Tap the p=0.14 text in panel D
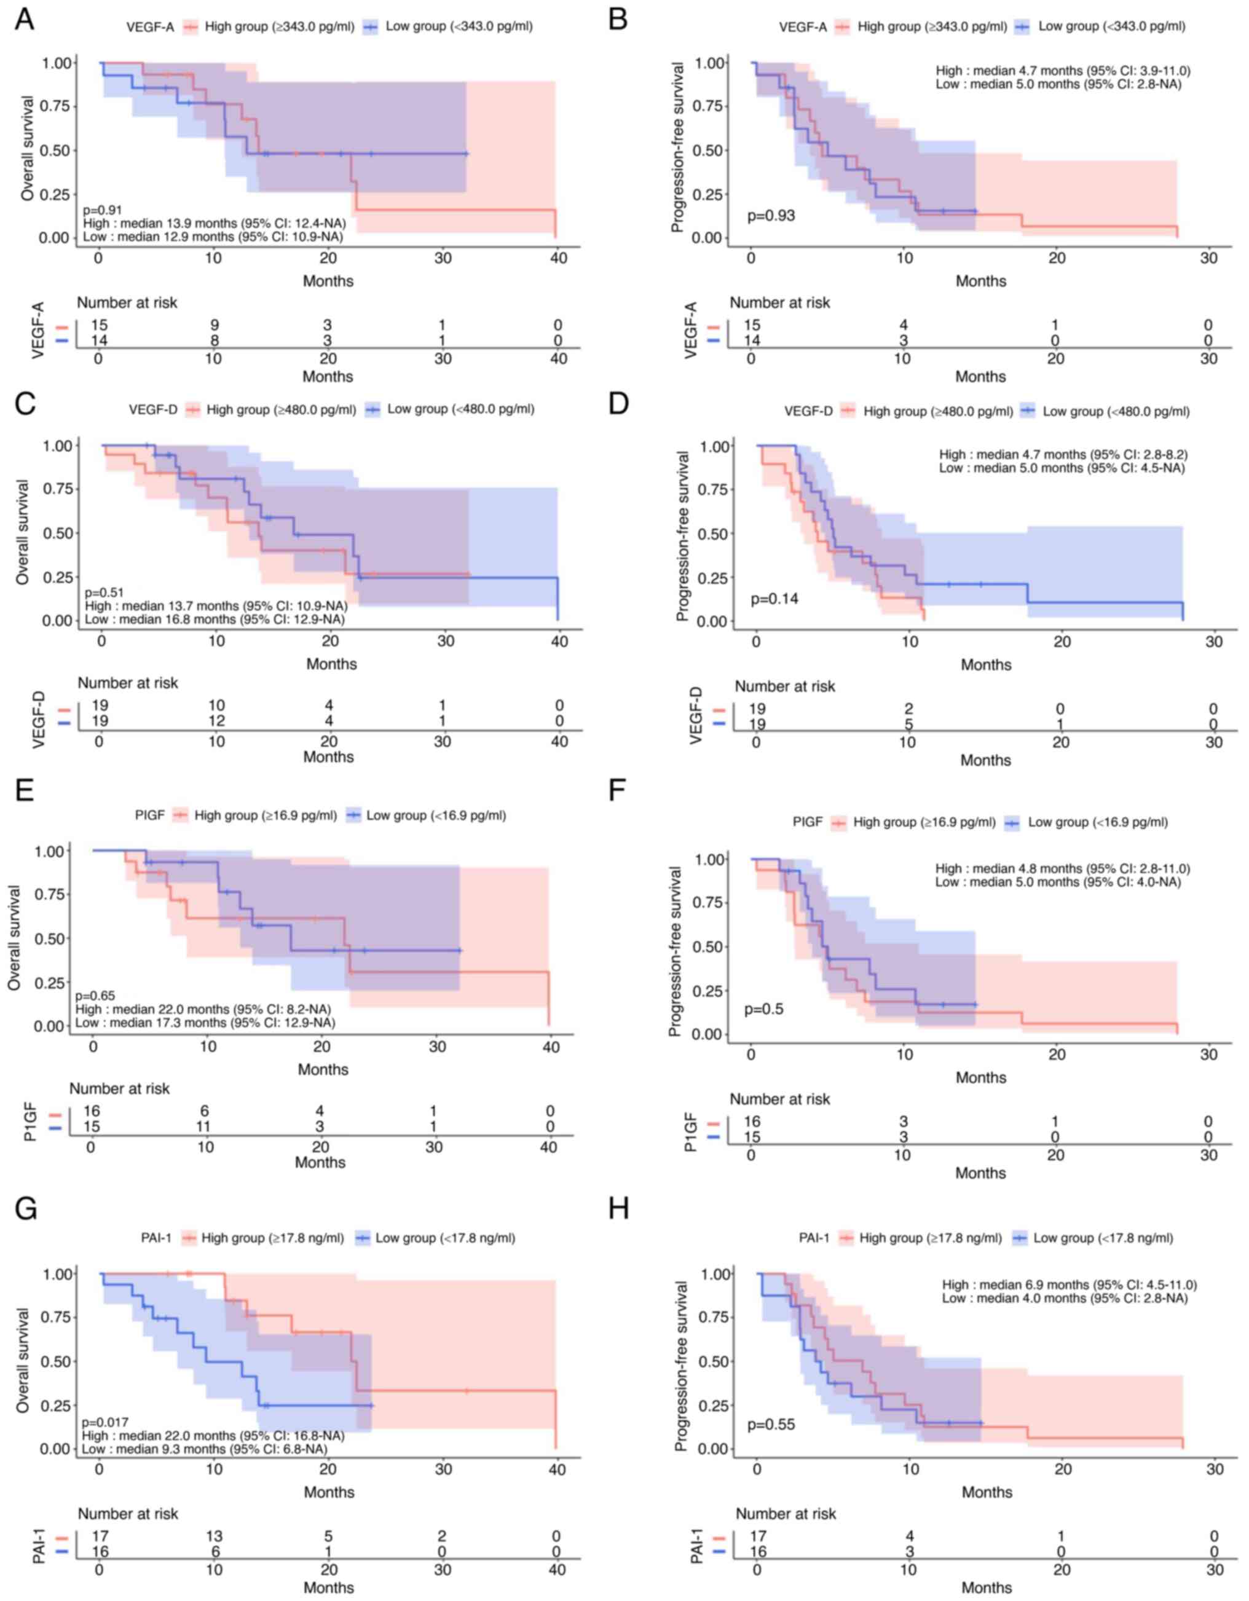[774, 599]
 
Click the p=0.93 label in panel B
[770, 216]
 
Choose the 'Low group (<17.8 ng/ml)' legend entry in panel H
[1103, 1238]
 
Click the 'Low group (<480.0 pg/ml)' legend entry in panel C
[460, 409]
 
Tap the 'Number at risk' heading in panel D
[784, 687]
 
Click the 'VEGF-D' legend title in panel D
[808, 412]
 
